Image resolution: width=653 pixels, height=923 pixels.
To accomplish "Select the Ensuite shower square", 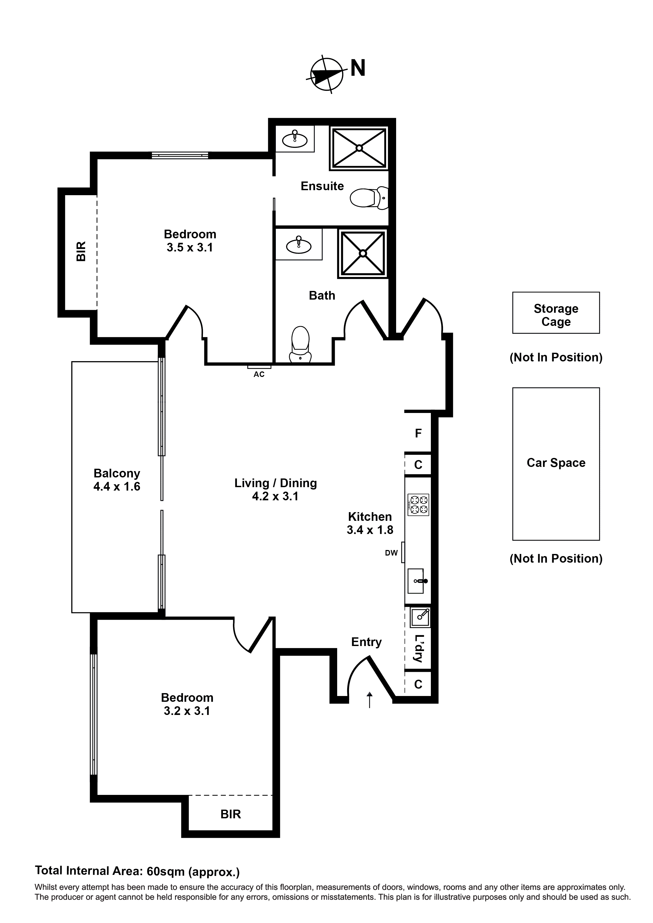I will (359, 148).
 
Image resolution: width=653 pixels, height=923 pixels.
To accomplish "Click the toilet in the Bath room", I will (300, 344).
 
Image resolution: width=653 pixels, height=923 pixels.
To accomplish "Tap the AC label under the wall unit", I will (259, 374).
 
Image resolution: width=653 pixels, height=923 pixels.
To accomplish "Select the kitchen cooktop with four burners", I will (418, 505).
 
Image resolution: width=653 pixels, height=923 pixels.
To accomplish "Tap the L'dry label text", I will (418, 648).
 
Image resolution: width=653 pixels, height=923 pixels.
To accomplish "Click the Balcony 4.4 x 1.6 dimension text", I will (117, 487).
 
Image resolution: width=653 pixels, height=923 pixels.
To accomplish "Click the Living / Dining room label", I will (276, 483).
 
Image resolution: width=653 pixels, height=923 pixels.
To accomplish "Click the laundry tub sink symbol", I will (420, 617).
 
